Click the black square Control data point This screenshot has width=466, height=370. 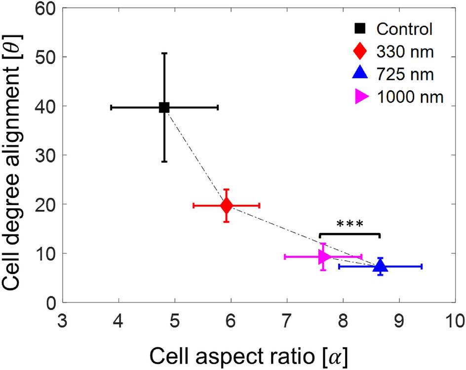click(164, 107)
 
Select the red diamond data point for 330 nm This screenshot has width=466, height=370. click(226, 205)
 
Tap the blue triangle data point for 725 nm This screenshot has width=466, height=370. click(380, 266)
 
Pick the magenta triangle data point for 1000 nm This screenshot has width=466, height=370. click(324, 256)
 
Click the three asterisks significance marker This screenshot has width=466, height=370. click(349, 224)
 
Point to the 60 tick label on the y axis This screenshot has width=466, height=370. click(45, 8)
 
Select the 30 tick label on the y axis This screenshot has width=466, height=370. click(45, 155)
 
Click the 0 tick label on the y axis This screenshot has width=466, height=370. click(51, 303)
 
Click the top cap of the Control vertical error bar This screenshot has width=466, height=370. click(164, 53)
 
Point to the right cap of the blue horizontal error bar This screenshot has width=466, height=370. click(422, 267)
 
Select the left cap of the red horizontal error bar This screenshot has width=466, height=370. click(193, 205)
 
